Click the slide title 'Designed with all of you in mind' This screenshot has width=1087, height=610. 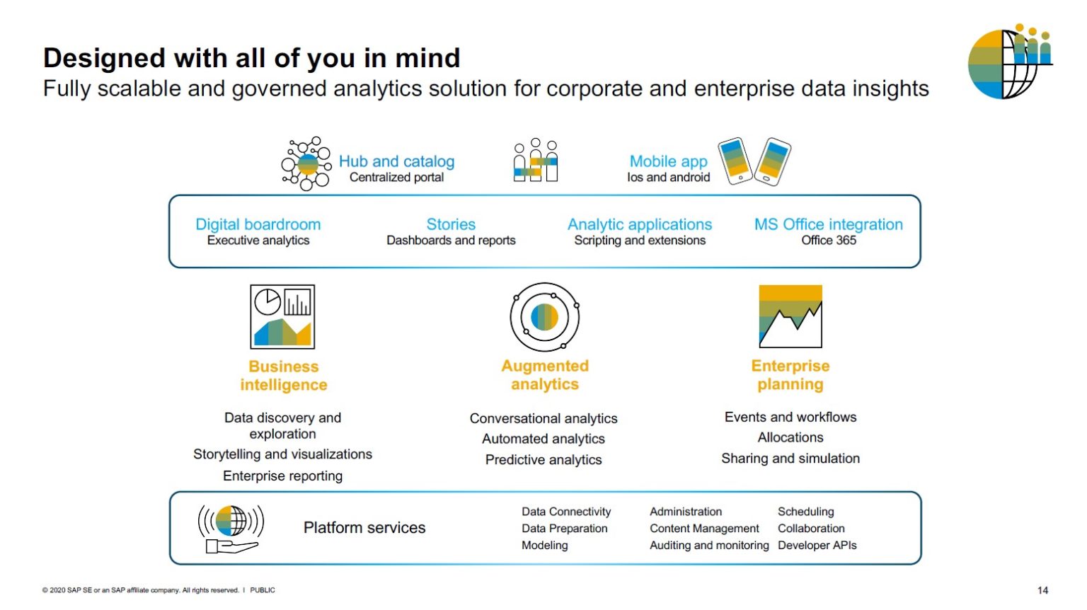[x=251, y=58]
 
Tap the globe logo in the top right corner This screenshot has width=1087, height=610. [x=1008, y=62]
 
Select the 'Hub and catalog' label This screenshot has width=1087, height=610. [x=396, y=161]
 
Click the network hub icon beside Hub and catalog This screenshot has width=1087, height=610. [x=306, y=164]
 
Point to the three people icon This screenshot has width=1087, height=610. [x=535, y=161]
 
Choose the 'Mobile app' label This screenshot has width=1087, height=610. [x=668, y=161]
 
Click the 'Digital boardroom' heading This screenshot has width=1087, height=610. [x=258, y=224]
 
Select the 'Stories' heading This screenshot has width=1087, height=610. [x=451, y=224]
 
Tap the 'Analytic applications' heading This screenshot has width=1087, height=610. [x=639, y=224]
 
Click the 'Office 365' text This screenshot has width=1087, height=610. [x=828, y=241]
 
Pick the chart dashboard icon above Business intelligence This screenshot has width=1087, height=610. [x=282, y=316]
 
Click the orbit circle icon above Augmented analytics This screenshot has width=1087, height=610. [x=544, y=317]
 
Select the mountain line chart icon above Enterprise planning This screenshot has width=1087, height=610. [x=790, y=316]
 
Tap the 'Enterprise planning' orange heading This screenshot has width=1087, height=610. [x=790, y=375]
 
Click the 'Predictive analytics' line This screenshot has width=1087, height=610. [x=543, y=460]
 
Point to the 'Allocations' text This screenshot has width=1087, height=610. [x=790, y=438]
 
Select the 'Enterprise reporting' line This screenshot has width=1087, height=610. [x=282, y=476]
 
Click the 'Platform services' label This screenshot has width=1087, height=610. [x=364, y=528]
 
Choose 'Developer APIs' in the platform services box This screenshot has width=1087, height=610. [x=817, y=546]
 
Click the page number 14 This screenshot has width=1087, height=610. [x=1042, y=590]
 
